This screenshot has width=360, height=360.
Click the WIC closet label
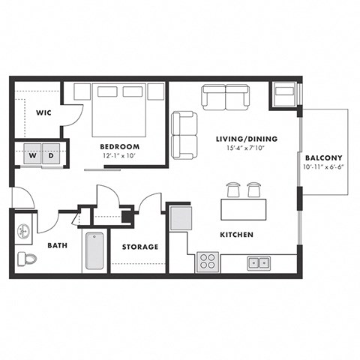pyautogui.click(x=42, y=113)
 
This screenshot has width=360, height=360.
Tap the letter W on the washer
pyautogui.click(x=31, y=157)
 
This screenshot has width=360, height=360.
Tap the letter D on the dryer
pyautogui.click(x=52, y=157)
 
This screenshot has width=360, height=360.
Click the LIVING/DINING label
pyautogui.click(x=236, y=139)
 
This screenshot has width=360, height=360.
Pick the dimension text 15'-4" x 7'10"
pyautogui.click(x=236, y=148)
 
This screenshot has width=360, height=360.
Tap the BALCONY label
pyautogui.click(x=324, y=157)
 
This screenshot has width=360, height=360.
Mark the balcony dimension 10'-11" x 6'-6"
pyautogui.click(x=324, y=168)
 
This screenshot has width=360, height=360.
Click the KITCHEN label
pyautogui.click(x=236, y=235)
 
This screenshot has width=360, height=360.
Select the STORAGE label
pyautogui.click(x=140, y=246)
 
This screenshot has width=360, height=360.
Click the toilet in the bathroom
pyautogui.click(x=26, y=259)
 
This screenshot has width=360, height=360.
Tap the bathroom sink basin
pyautogui.click(x=23, y=230)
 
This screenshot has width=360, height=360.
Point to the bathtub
pyautogui.click(x=93, y=252)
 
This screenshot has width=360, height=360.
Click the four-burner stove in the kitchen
pyautogui.click(x=207, y=262)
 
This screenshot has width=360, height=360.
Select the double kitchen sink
pyautogui.click(x=260, y=262)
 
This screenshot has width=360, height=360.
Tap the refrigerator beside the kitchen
pyautogui.click(x=181, y=218)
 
